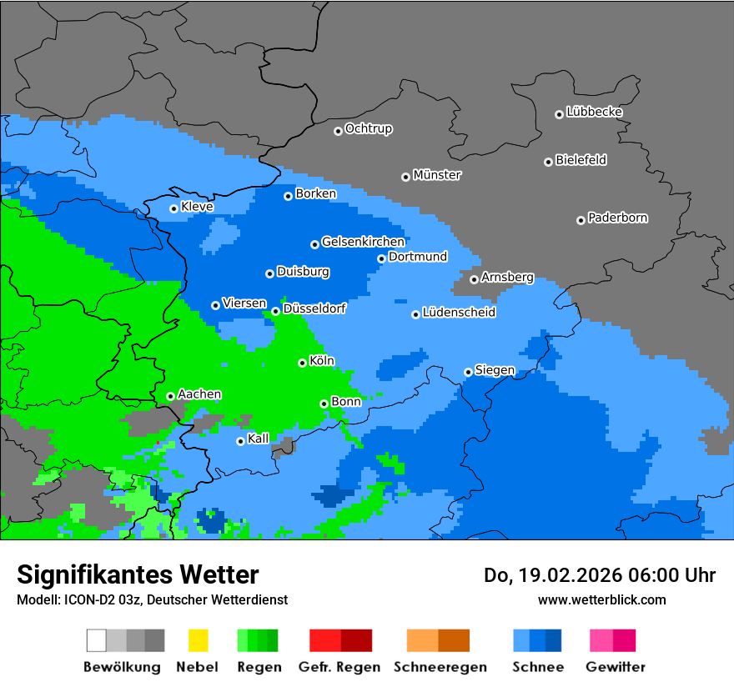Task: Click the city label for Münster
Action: coord(437,175)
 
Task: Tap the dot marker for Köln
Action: coord(302,363)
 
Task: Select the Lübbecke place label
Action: coord(594,112)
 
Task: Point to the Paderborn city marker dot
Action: coord(581,220)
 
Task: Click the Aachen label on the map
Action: coord(199,394)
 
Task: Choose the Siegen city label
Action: coord(495,370)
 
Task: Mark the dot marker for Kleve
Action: coord(173,208)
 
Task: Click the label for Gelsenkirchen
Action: coord(363,242)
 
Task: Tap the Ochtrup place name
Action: coord(369,128)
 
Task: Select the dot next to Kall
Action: coord(240,441)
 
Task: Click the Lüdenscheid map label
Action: coord(459,313)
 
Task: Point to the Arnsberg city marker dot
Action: coord(474,279)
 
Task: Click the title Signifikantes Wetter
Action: coord(138,574)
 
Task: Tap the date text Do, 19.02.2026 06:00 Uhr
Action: coord(599,575)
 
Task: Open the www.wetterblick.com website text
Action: coord(601,599)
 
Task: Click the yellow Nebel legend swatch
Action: coord(198,640)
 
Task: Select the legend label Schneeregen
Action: coord(438,667)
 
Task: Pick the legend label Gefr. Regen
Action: coord(339,667)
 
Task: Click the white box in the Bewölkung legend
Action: coord(96,640)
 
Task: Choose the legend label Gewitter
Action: coord(615,667)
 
